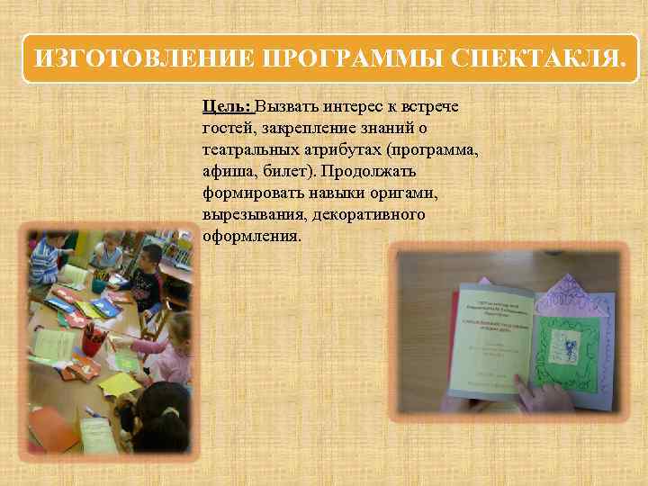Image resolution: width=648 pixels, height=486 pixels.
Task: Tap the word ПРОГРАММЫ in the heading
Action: pyautogui.click(x=352, y=60)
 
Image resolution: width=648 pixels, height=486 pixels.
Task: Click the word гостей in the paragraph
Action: pyautogui.click(x=229, y=128)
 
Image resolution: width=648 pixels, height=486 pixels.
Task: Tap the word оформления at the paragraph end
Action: pyautogui.click(x=251, y=237)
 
